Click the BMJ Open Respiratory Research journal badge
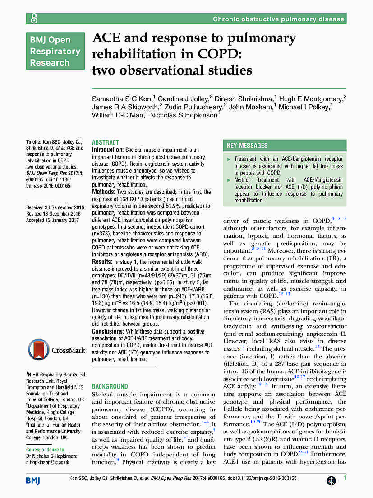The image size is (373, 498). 55,51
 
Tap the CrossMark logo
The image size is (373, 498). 55,350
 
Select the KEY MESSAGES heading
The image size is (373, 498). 247,146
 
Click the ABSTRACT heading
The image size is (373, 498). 106,142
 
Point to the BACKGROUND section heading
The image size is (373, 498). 110,386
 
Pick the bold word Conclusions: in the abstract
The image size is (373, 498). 108,331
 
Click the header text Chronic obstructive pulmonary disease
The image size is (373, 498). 279,19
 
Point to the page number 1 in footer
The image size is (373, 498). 345,478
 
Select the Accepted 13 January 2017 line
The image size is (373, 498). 52,221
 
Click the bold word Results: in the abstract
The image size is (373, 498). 102,262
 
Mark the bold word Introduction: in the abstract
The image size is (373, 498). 108,150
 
